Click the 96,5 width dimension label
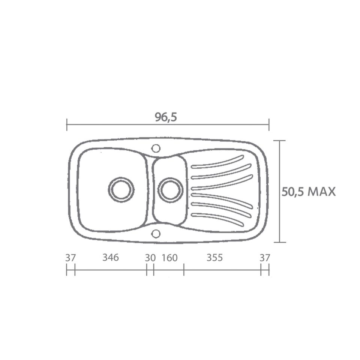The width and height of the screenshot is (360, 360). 166,117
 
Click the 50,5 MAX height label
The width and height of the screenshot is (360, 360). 308,192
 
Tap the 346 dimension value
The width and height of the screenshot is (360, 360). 110,258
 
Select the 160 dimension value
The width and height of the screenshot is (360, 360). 169,258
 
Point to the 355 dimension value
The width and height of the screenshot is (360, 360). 214,258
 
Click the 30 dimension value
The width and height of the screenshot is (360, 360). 150,258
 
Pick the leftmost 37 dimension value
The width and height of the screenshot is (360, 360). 70,258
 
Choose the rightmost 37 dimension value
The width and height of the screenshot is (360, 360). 265,258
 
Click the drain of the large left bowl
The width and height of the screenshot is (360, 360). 121,189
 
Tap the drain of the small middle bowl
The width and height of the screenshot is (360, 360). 171,189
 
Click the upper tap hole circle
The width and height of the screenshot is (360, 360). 156,148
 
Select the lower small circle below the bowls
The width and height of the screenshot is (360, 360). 156,234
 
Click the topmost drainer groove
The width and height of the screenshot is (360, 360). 217,163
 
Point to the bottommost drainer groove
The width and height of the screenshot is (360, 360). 217,219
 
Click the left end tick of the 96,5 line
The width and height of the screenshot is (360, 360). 67,124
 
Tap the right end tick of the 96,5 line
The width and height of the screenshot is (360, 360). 269,124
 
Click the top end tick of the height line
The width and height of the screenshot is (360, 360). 279,141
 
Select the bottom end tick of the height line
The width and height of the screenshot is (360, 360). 279,242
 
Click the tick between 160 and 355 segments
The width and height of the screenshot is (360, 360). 184,270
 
